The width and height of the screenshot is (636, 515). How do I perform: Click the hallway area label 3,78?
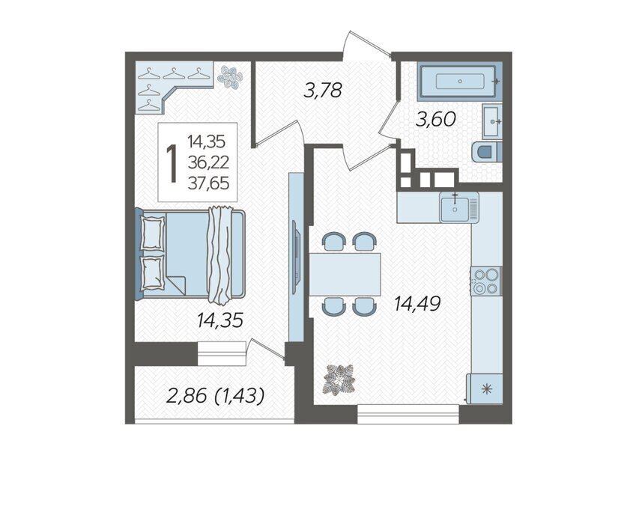click(323, 91)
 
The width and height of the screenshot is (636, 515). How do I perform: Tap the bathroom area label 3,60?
click(437, 120)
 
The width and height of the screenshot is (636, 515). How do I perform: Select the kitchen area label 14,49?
click(417, 303)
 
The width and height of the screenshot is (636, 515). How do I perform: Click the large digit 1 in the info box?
click(172, 163)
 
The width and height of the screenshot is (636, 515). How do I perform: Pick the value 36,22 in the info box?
click(208, 163)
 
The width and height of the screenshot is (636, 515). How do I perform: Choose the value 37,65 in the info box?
click(208, 183)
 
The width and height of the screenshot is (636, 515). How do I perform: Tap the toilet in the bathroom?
click(488, 151)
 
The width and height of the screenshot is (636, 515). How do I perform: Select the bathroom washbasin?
click(492, 121)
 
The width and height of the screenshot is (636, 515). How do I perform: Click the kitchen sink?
click(459, 207)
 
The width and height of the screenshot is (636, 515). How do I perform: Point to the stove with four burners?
click(486, 281)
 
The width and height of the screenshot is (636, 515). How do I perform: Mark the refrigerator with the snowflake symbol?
click(484, 389)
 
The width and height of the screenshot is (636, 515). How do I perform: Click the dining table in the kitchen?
click(345, 274)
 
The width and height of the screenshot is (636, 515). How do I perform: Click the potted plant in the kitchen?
click(339, 380)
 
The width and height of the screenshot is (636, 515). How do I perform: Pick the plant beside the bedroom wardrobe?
click(230, 77)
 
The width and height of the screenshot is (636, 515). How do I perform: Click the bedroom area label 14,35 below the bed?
click(220, 320)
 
